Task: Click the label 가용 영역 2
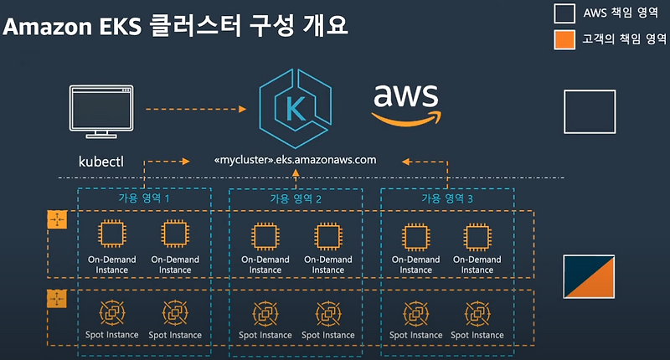click(296, 199)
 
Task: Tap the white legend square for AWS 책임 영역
click(564, 13)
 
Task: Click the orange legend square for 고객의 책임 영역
click(564, 39)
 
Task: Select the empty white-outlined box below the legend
click(590, 107)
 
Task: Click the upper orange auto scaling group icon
click(57, 220)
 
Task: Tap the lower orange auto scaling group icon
click(57, 299)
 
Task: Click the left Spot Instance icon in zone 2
click(265, 313)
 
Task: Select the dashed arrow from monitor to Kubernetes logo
click(194, 109)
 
